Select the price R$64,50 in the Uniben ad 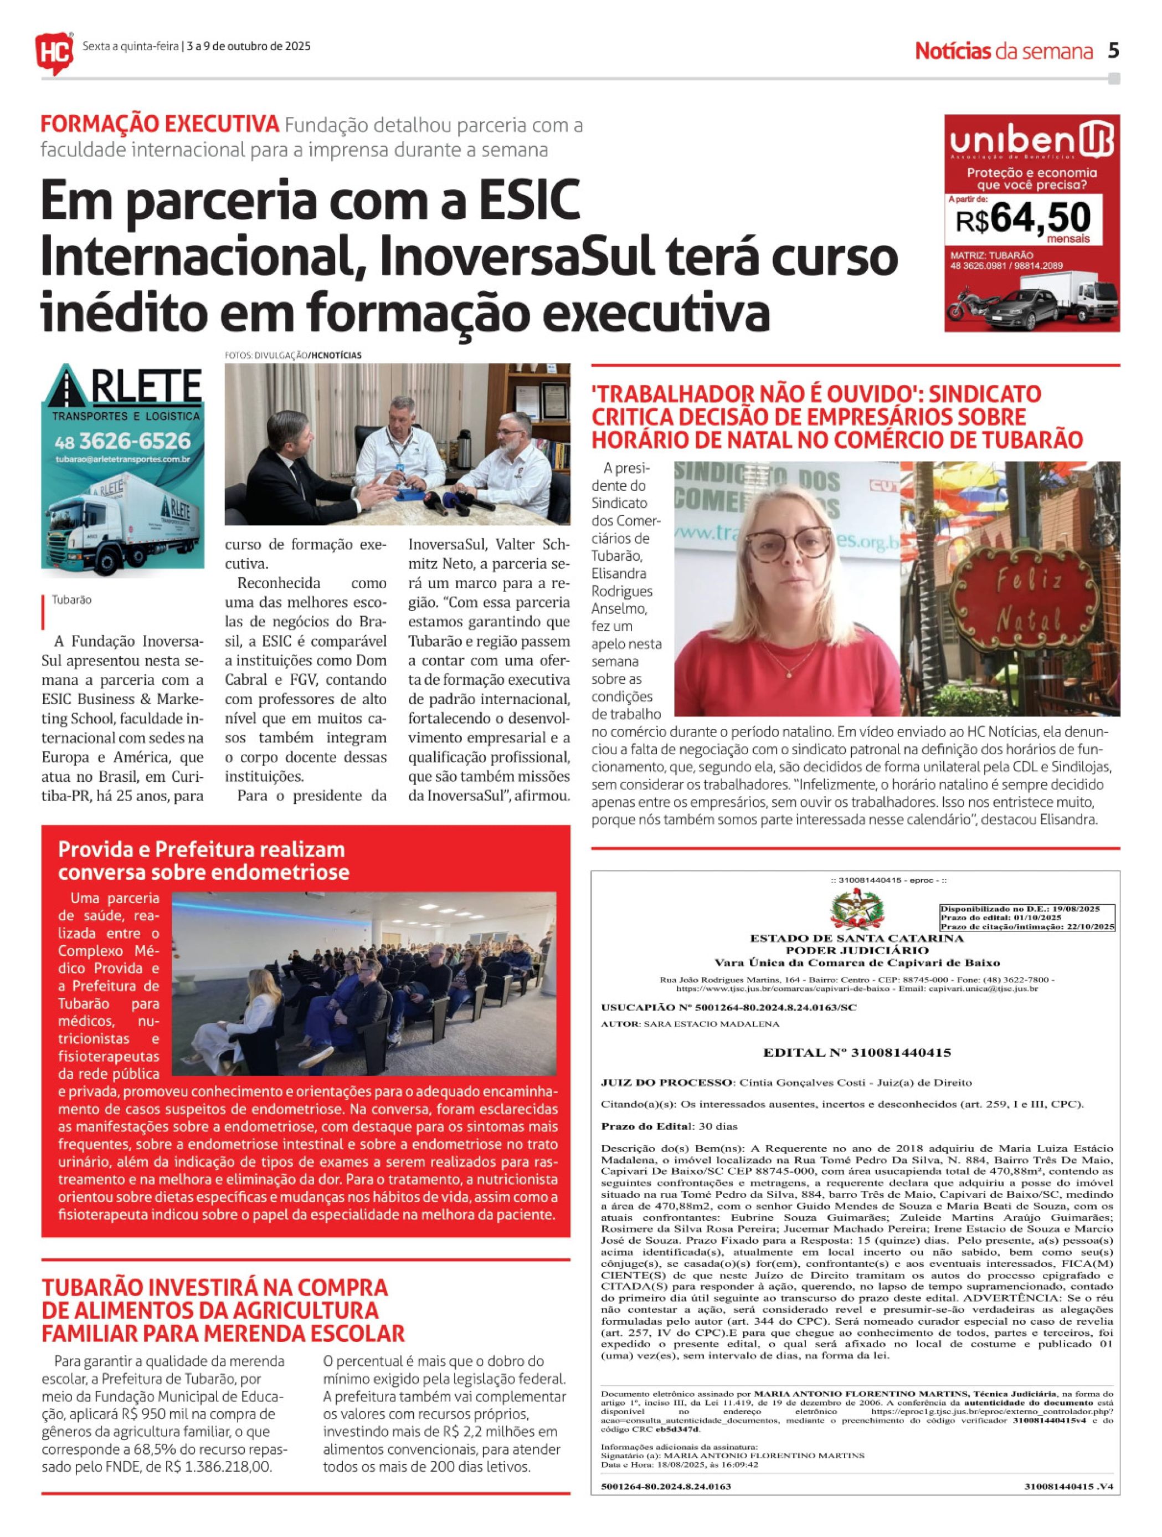(x=1022, y=218)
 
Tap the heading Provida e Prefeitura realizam (x=202, y=850)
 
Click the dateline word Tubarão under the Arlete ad (x=71, y=600)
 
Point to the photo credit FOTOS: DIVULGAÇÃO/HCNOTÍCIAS (x=293, y=355)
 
